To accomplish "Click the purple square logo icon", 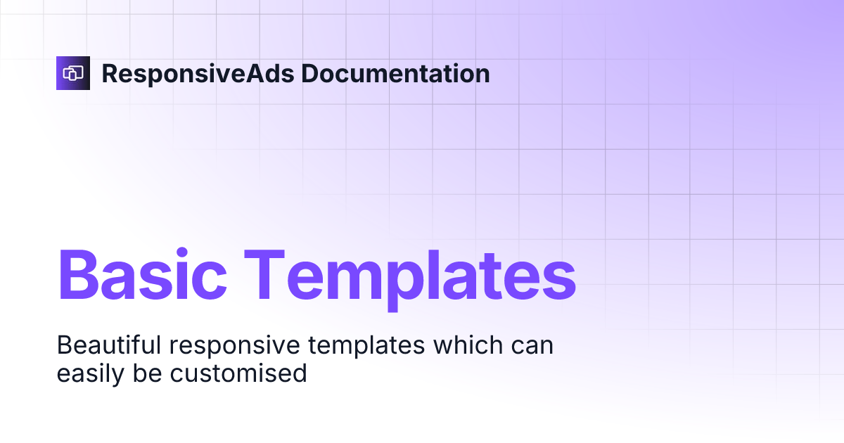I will pos(73,73).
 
